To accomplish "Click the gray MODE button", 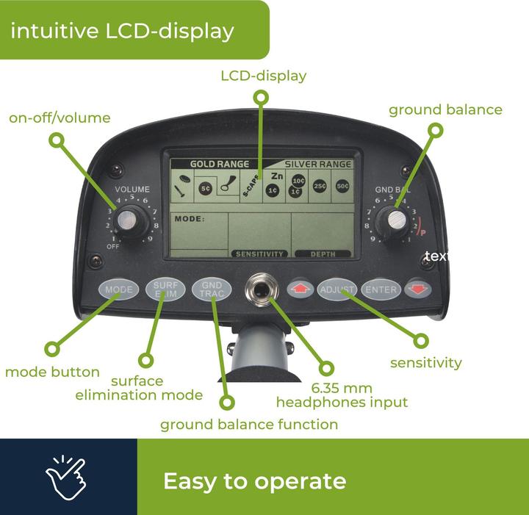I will (118, 289).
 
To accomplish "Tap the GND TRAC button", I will (212, 289).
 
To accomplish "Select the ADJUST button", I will (337, 289).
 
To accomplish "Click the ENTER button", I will (381, 289).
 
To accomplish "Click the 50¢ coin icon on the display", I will (343, 186).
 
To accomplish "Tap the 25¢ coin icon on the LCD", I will (320, 186).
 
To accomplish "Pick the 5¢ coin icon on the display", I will (206, 188).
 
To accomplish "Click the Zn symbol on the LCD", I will (276, 176).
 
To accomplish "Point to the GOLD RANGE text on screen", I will (220, 164).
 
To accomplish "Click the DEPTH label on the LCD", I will (323, 254).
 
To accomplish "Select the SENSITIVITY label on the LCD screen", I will (259, 254).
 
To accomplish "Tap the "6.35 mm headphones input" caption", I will (342, 395).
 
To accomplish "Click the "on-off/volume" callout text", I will (60, 118).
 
